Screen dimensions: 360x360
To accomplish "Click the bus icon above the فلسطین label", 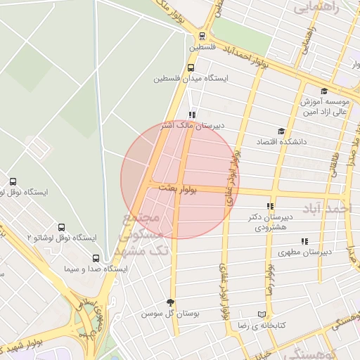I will (202, 36).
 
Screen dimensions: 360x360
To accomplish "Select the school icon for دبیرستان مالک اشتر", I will (192, 115).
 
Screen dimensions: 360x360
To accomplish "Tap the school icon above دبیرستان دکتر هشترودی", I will (271, 206).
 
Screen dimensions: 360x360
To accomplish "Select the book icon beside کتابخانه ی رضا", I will (262, 314).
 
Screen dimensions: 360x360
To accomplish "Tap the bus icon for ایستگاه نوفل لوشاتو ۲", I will (61, 228).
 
